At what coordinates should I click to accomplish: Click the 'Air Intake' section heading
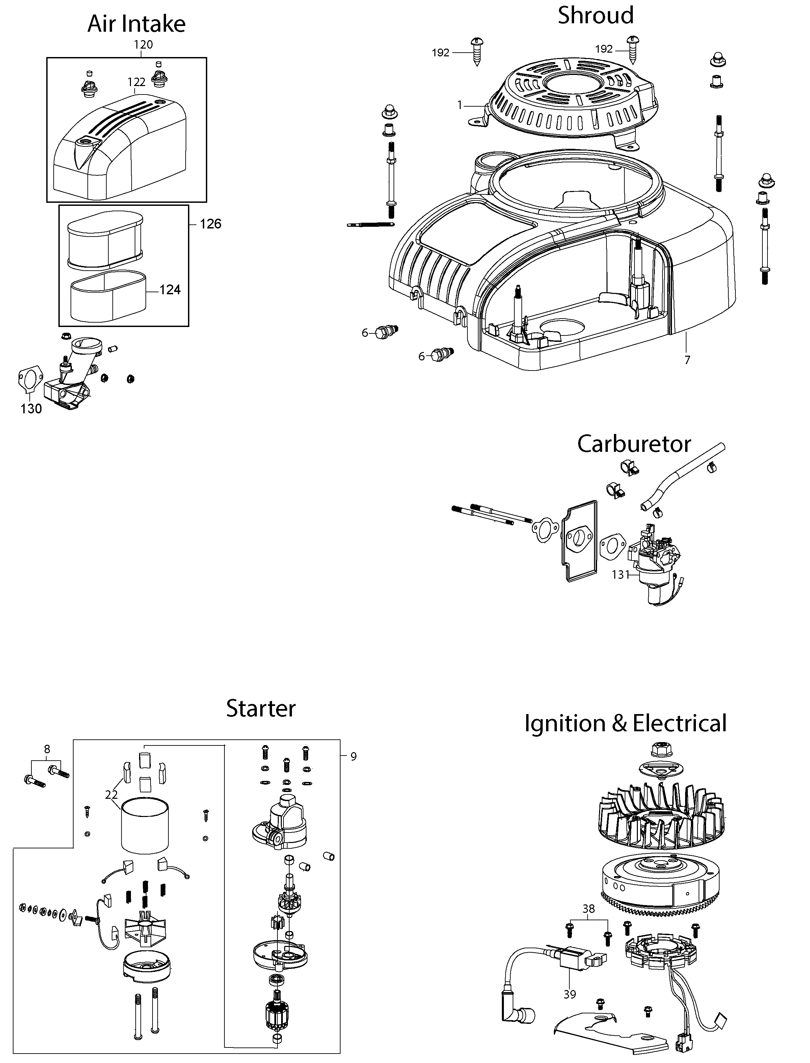click(x=136, y=24)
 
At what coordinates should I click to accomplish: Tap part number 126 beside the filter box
click(x=211, y=224)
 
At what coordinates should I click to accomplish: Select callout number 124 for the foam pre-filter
click(x=170, y=290)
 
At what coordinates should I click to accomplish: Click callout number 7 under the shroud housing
click(x=687, y=360)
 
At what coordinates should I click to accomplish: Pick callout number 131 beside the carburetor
click(x=621, y=575)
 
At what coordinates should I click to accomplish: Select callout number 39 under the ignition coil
click(x=570, y=994)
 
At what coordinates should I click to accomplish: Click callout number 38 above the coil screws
click(x=588, y=909)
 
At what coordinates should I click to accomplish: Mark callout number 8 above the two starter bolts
click(x=47, y=749)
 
